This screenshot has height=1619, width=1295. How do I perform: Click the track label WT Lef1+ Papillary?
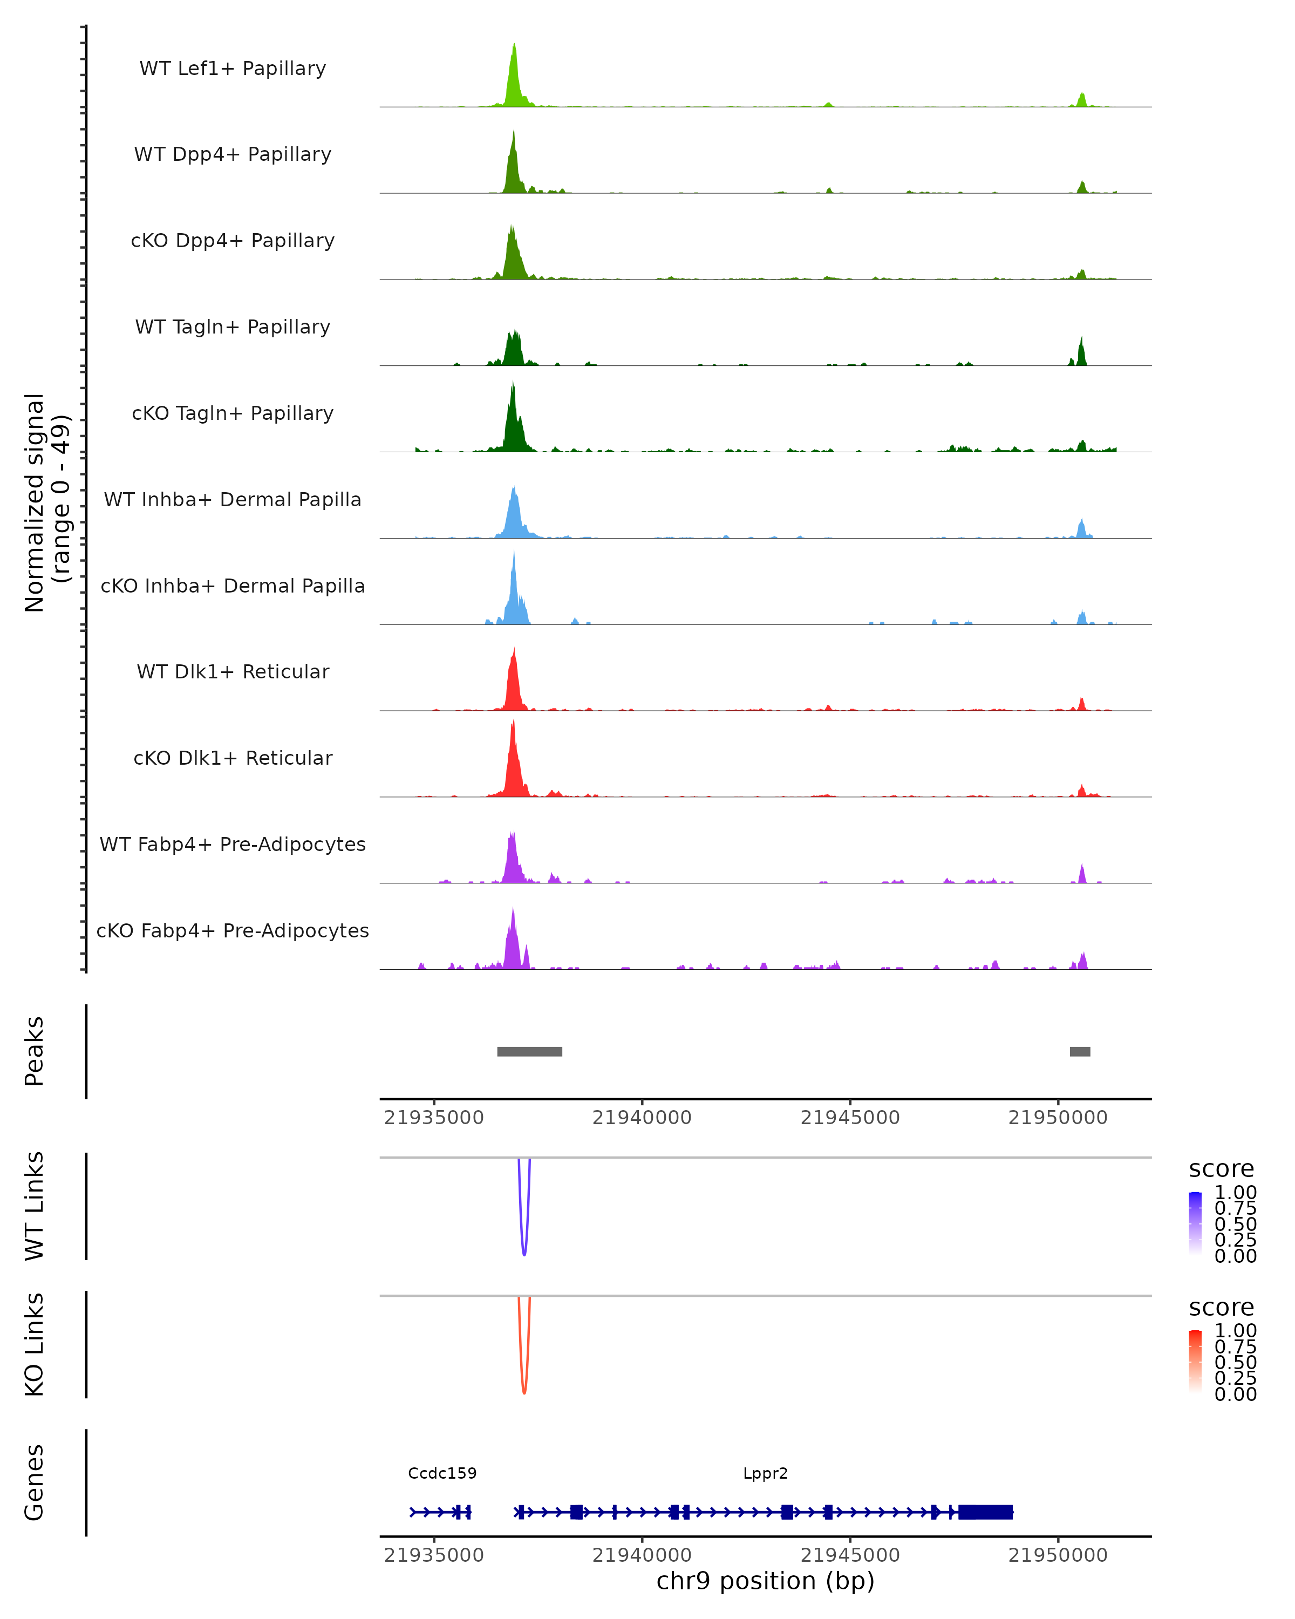pos(233,69)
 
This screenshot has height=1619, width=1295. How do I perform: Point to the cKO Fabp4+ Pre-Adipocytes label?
pos(233,930)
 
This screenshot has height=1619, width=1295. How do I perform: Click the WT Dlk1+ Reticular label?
pos(233,671)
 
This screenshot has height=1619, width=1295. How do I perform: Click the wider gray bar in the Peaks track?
pos(529,1051)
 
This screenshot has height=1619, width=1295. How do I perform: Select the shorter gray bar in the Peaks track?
pos(1080,1051)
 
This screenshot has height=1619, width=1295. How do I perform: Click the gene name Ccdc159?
pos(442,1473)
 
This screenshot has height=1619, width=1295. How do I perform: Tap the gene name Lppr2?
pos(765,1473)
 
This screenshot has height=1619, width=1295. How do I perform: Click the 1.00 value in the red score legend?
pos(1235,1331)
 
